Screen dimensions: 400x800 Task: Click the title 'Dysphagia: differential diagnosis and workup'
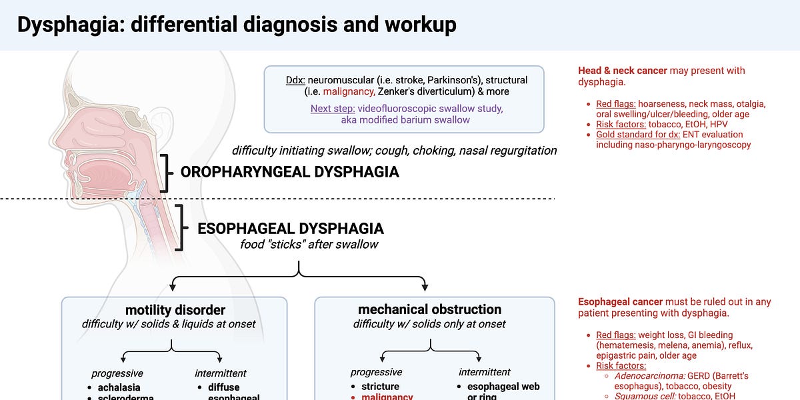(237, 25)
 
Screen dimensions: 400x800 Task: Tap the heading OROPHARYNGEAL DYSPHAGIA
(289, 172)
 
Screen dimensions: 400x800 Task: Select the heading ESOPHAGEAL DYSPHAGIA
(290, 229)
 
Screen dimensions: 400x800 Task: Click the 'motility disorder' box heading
(175, 310)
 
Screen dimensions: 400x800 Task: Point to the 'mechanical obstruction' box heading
(429, 309)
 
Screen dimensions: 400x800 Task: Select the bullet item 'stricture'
(380, 387)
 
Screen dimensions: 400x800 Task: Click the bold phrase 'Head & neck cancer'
(623, 71)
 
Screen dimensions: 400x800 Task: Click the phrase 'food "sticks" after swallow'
(309, 245)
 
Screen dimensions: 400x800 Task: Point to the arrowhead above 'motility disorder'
(172, 287)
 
